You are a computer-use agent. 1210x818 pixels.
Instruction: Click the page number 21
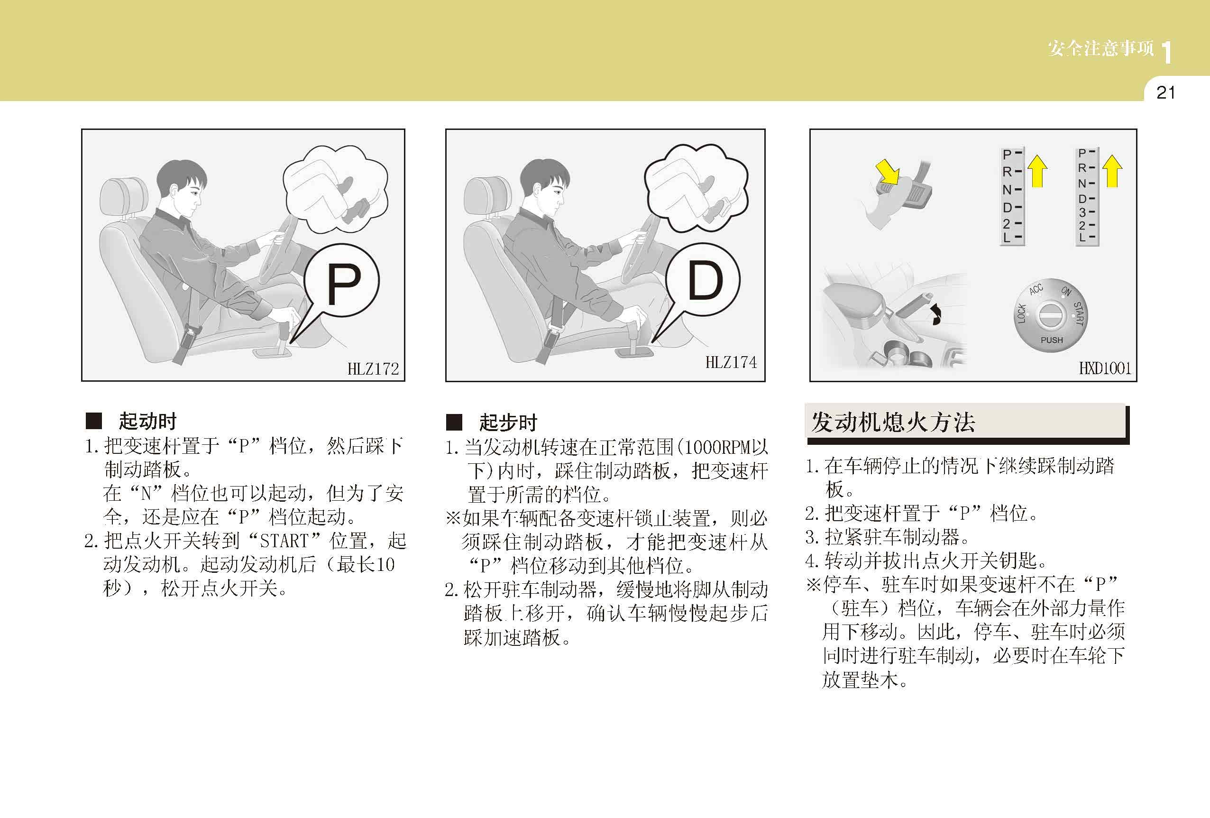pyautogui.click(x=1166, y=92)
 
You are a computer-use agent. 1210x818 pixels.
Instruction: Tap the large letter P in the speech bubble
pyautogui.click(x=344, y=284)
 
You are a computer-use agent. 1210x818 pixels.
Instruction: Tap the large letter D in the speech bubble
pyautogui.click(x=706, y=281)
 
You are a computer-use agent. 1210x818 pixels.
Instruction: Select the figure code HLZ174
pyautogui.click(x=731, y=362)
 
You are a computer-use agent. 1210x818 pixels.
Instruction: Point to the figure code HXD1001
pyautogui.click(x=1105, y=368)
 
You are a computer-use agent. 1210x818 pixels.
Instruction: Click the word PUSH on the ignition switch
pyautogui.click(x=1052, y=340)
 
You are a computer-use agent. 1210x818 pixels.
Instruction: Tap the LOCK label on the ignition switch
pyautogui.click(x=1021, y=313)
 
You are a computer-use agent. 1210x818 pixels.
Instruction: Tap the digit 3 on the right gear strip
pyautogui.click(x=1082, y=212)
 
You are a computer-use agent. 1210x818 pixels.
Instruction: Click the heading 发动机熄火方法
pyautogui.click(x=892, y=422)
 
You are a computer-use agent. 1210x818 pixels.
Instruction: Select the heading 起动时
pyautogui.click(x=148, y=421)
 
